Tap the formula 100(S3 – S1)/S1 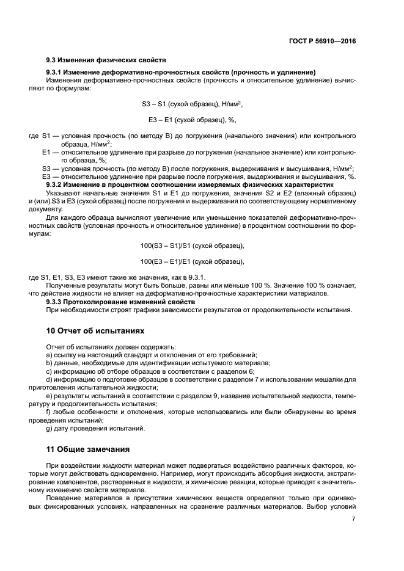coord(192,245)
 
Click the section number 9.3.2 coord(56,184)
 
